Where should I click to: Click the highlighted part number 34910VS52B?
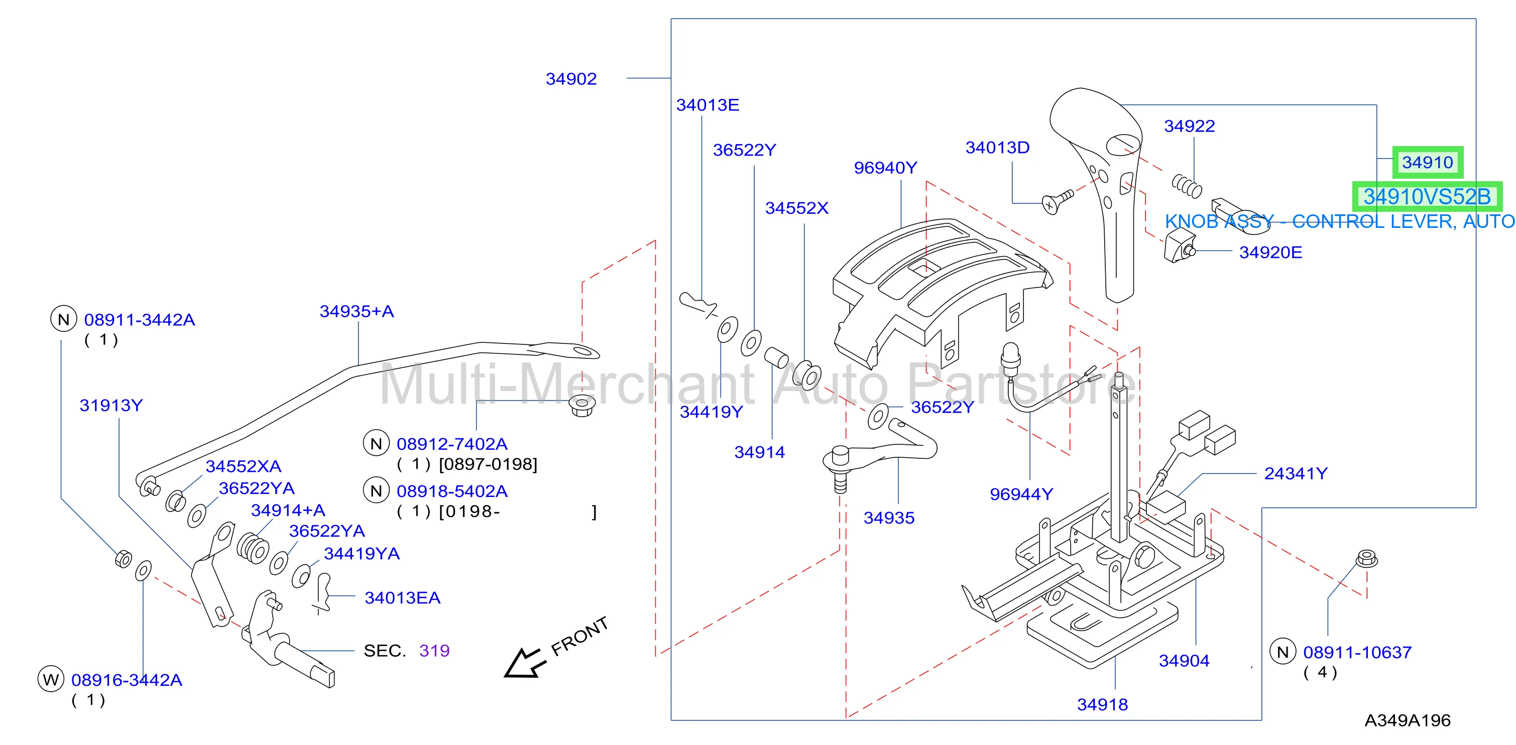pos(1427,197)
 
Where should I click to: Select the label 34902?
pos(571,79)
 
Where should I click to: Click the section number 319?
pos(434,650)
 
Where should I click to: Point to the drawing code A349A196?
pos(1407,720)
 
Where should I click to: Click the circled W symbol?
pos(51,680)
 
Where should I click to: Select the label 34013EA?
pos(403,598)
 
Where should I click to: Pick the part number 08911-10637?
pos(1357,652)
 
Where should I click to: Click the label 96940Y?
pos(885,168)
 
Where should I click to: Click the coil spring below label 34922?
pos(1187,185)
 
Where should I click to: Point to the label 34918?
pos(1102,704)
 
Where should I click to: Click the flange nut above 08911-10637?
pos(1366,558)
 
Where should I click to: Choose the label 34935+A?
pos(357,311)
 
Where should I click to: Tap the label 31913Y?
pos(111,406)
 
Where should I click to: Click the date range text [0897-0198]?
pos(488,464)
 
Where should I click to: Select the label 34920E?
pos(1270,253)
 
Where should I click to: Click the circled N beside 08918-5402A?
pos(376,491)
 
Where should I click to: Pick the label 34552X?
pos(796,208)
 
